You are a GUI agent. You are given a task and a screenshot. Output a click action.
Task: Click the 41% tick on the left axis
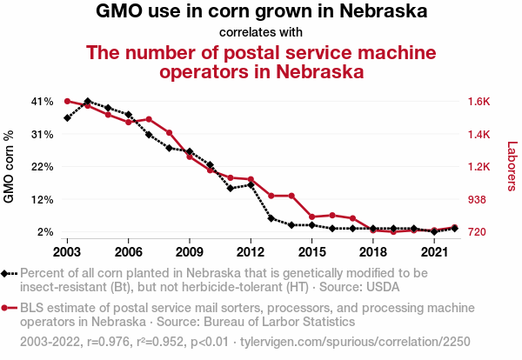coord(42,101)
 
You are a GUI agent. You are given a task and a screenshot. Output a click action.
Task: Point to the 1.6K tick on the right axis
coord(479,101)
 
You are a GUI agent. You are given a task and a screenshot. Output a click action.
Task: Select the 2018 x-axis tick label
coord(373,251)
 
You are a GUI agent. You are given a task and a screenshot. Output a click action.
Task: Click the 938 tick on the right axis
coord(477,199)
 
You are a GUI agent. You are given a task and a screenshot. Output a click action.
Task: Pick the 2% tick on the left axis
coord(45,232)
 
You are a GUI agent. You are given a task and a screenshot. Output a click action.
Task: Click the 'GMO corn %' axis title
coord(10,166)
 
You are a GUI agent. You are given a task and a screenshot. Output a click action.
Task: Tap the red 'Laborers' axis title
coord(512,166)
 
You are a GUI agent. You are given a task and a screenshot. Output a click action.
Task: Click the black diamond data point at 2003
coord(67,117)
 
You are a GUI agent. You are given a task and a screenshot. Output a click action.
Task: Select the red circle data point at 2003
coord(67,101)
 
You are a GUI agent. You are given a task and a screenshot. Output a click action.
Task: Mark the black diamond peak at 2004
coord(88,102)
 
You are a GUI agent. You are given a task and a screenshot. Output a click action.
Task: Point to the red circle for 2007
coord(149,119)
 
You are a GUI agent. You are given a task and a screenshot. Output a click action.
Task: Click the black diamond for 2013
coord(271,218)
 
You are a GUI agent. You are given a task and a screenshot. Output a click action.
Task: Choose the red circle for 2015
coord(311,217)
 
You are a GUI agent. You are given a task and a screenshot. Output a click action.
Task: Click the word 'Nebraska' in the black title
coord(385,13)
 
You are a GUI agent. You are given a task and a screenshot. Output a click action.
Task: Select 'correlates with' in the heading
coord(261,33)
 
